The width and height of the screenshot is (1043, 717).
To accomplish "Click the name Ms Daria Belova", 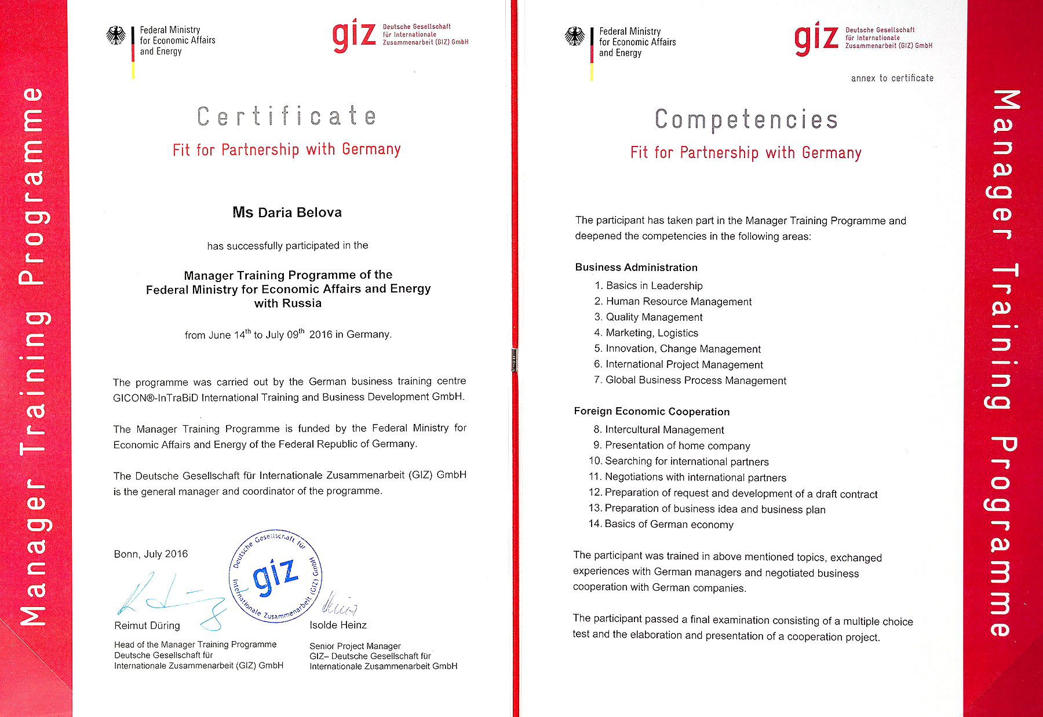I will (x=287, y=213).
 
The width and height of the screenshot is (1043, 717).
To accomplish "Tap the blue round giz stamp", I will (x=276, y=577).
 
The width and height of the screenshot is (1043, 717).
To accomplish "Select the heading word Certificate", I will (x=286, y=116).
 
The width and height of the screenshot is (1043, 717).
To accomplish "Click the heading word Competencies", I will (x=746, y=120).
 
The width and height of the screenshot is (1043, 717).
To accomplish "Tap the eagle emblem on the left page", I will (x=116, y=36).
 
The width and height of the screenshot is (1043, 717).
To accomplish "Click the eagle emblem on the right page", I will (x=575, y=37).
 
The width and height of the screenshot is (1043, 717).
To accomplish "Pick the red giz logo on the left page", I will (x=354, y=35).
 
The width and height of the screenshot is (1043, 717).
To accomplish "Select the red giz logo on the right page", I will (x=816, y=38).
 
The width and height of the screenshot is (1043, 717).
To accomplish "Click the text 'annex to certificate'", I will (x=892, y=78).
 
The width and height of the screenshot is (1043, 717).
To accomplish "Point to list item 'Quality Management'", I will (x=654, y=317).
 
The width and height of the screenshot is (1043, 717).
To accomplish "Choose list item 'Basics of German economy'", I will (x=669, y=524).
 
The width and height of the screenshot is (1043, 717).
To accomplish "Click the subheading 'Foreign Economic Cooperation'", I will (x=651, y=411).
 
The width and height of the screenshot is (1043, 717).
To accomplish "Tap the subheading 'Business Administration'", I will (x=636, y=267).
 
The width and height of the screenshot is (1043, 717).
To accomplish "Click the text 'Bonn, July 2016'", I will (x=151, y=554).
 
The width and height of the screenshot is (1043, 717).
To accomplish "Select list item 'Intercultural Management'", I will (x=664, y=430).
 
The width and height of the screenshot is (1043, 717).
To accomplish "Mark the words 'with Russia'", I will (x=287, y=303).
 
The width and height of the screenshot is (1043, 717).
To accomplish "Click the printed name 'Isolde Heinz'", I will (x=338, y=625).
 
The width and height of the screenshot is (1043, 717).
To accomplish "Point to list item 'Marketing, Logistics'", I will (x=652, y=332).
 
